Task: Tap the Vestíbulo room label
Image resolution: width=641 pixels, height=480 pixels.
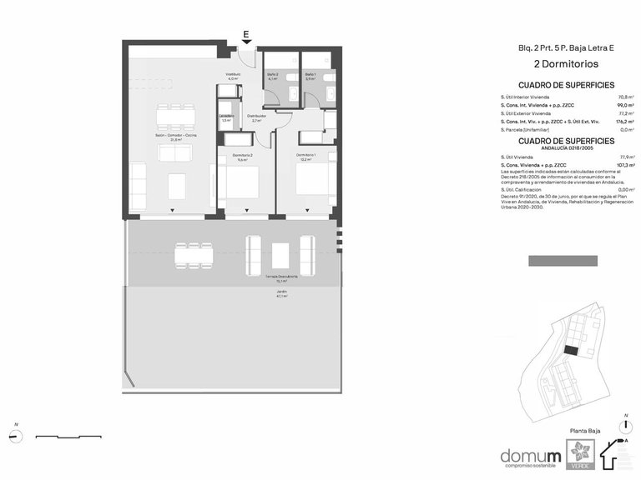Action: (x=233, y=76)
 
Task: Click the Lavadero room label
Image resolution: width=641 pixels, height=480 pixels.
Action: (x=226, y=117)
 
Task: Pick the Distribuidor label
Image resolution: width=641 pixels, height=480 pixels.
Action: (x=256, y=117)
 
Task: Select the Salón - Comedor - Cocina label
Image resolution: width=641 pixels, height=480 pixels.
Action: (x=175, y=137)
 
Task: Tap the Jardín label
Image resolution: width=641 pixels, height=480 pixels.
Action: (x=281, y=293)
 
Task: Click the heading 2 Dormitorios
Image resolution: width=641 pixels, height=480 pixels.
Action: (x=566, y=63)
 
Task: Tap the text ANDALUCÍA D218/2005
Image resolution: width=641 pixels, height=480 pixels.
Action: (x=566, y=148)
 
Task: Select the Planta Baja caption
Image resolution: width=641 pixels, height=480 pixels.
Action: (x=584, y=432)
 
